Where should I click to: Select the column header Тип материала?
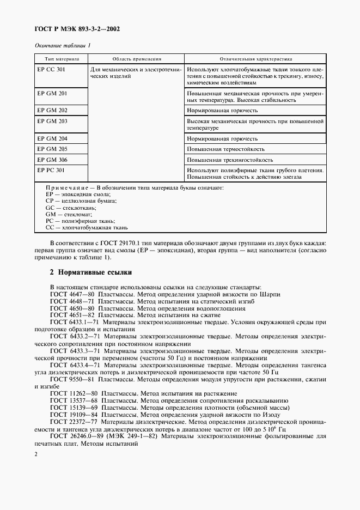62,58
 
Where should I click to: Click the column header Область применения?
137,58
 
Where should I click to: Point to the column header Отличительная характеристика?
256,58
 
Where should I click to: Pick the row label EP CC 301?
51,70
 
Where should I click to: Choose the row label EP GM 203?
52,121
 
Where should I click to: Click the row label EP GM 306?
52,160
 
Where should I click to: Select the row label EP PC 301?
51,170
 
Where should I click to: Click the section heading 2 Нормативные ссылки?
90,272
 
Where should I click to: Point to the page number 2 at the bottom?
35,453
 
